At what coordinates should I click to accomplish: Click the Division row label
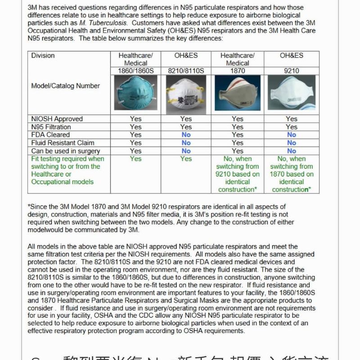click(x=43, y=56)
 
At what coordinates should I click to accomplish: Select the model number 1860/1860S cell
click(x=135, y=71)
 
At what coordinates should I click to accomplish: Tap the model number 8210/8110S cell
click(x=186, y=71)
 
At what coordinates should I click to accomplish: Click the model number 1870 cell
click(x=237, y=71)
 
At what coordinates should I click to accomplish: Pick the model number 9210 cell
click(x=291, y=71)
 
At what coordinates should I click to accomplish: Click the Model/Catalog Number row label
click(x=66, y=86)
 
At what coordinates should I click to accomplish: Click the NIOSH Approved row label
click(x=57, y=119)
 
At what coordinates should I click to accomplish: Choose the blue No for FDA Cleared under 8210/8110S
click(x=186, y=135)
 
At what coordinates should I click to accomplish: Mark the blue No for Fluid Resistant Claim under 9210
click(x=291, y=143)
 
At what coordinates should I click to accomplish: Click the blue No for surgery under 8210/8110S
click(x=186, y=151)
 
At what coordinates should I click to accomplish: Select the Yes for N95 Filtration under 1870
click(x=237, y=127)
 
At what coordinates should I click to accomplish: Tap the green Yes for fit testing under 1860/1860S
click(x=135, y=159)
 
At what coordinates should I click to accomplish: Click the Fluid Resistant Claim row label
click(x=63, y=143)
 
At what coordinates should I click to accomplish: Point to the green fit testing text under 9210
click(x=291, y=174)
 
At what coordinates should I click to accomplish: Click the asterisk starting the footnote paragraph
click(x=29, y=206)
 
